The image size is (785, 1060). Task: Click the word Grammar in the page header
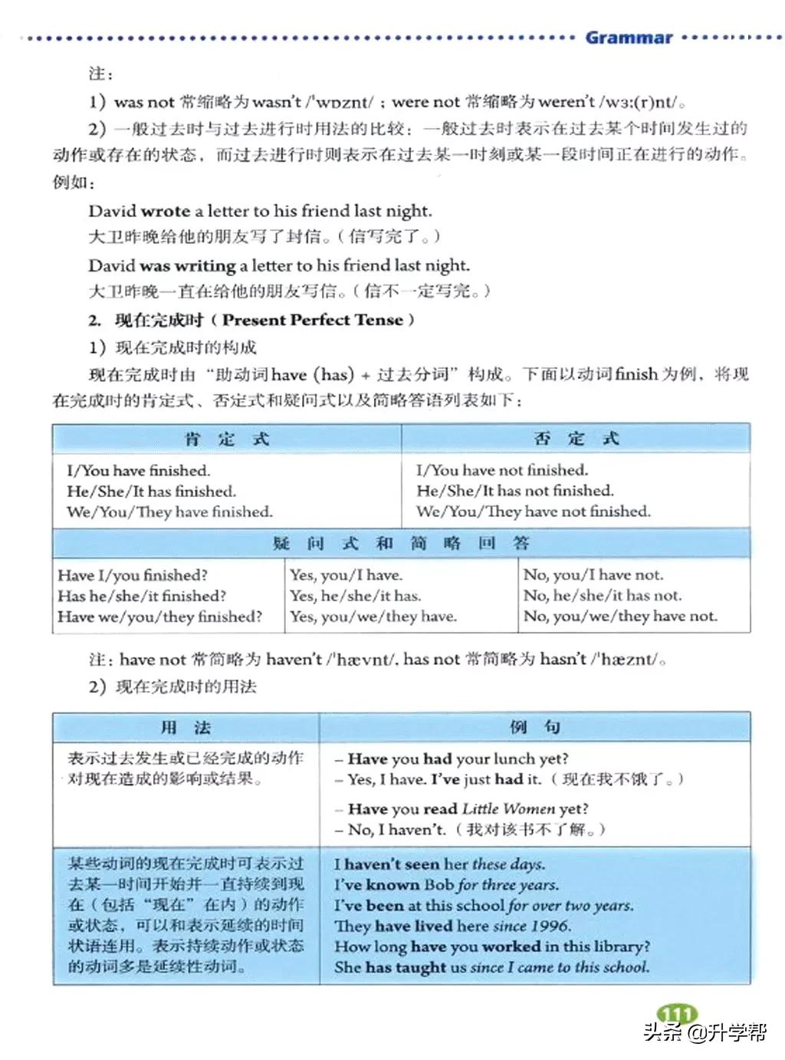pyautogui.click(x=629, y=38)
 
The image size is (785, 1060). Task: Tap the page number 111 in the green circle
pyautogui.click(x=677, y=1015)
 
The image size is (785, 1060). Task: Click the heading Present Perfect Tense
pyautogui.click(x=313, y=320)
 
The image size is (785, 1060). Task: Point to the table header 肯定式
pyautogui.click(x=227, y=439)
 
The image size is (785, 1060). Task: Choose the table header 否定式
pyautogui.click(x=576, y=439)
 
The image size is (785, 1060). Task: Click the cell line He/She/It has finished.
pyautogui.click(x=151, y=491)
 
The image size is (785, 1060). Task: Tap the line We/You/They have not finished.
pyautogui.click(x=533, y=512)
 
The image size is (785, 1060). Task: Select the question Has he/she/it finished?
pyautogui.click(x=142, y=596)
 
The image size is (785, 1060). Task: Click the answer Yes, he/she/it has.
pyautogui.click(x=355, y=596)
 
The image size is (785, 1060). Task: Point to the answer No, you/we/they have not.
pyautogui.click(x=620, y=616)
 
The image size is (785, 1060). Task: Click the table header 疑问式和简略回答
pyautogui.click(x=401, y=543)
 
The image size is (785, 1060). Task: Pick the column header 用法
pyautogui.click(x=186, y=727)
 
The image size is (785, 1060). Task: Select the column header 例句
pyautogui.click(x=534, y=727)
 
